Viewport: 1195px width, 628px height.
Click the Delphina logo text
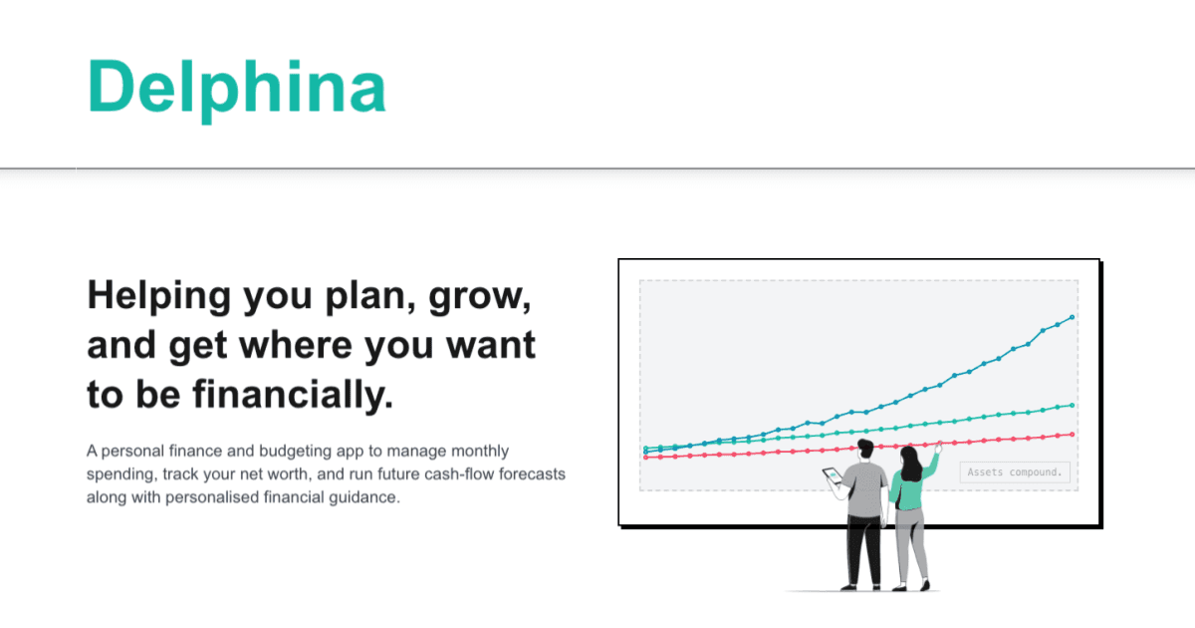237,86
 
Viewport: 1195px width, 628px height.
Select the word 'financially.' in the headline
290,396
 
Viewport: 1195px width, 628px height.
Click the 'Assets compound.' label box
1016,472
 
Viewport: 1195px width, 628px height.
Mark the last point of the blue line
1072,317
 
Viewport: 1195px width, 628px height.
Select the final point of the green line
1072,405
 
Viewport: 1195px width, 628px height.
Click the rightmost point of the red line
1072,434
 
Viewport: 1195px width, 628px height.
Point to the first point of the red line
646,458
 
